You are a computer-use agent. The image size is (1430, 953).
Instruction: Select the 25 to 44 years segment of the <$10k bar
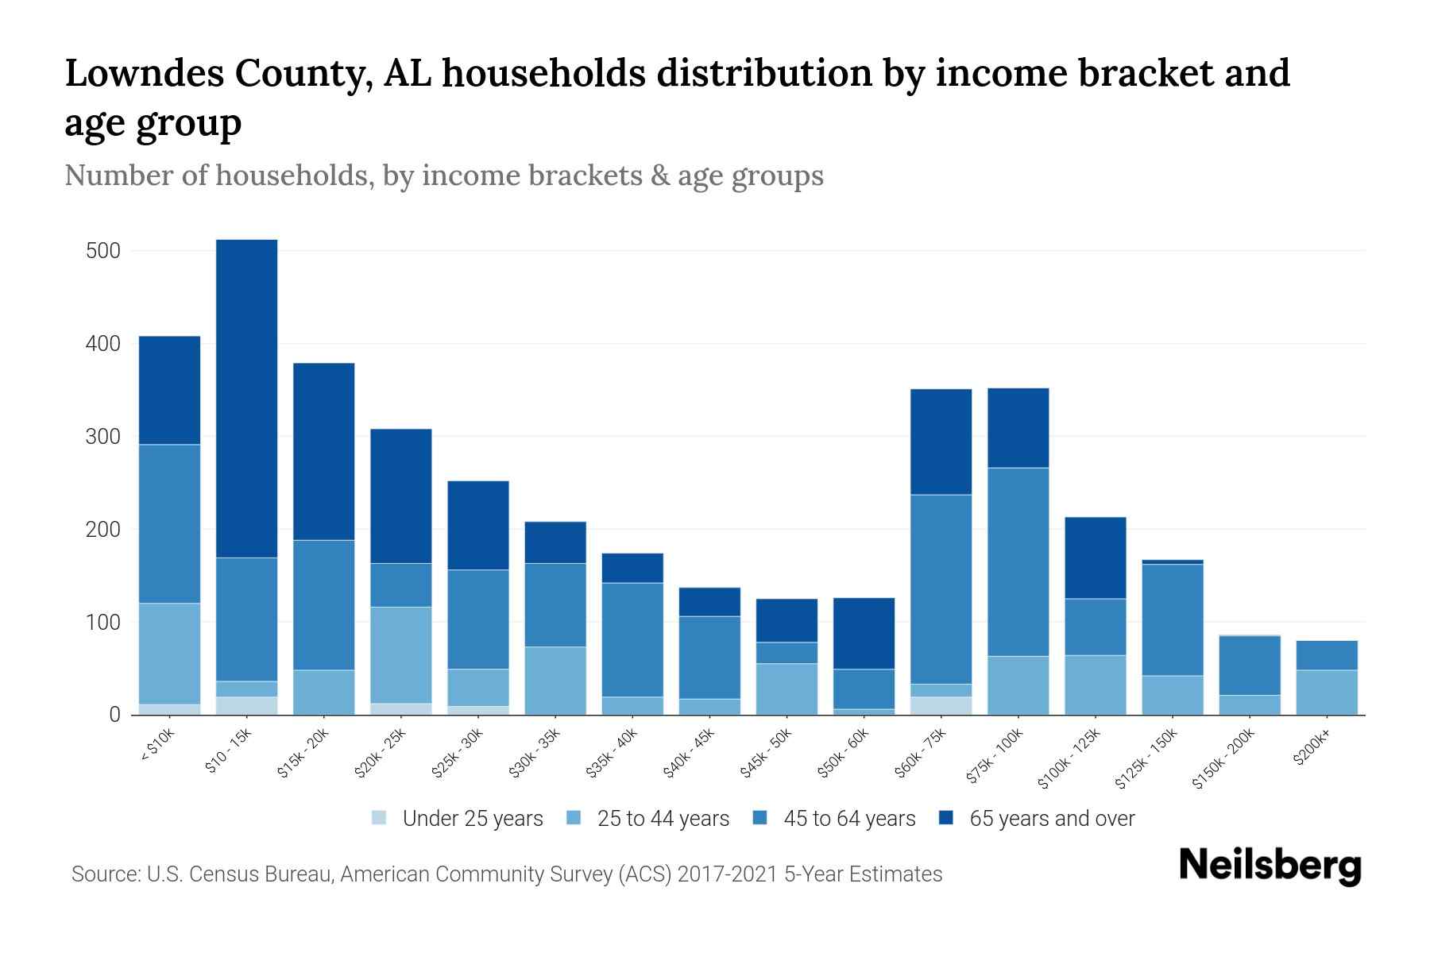pyautogui.click(x=169, y=654)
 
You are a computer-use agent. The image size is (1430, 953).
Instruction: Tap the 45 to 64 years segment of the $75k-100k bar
pyautogui.click(x=1018, y=561)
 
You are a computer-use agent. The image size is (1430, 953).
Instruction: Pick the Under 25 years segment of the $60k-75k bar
pyautogui.click(x=941, y=706)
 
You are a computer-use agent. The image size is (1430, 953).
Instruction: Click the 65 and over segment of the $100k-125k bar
pyautogui.click(x=1095, y=558)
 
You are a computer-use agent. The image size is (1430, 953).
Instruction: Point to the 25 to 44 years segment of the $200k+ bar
pyautogui.click(x=1327, y=693)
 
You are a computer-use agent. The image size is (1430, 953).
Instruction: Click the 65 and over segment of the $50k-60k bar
pyautogui.click(x=864, y=633)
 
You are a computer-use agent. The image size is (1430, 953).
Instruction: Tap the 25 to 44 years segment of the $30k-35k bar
pyautogui.click(x=555, y=681)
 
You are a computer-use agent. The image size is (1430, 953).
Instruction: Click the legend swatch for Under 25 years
pyautogui.click(x=380, y=818)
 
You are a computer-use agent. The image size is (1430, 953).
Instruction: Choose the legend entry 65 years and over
pyautogui.click(x=1051, y=818)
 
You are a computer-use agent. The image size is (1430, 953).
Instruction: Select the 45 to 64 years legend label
pyautogui.click(x=849, y=818)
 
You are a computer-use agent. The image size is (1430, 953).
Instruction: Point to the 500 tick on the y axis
pyautogui.click(x=102, y=251)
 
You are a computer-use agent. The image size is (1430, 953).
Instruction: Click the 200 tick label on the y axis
pyautogui.click(x=102, y=530)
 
